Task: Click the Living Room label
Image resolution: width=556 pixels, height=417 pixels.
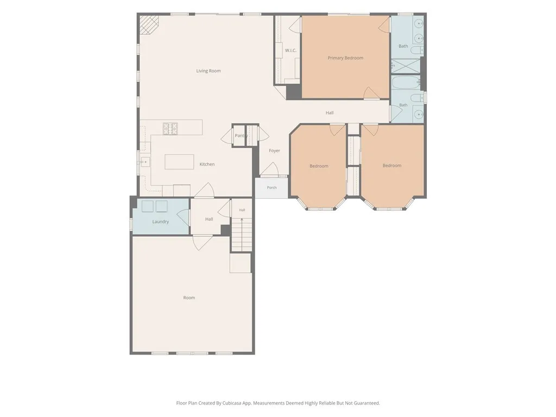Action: [x=208, y=71]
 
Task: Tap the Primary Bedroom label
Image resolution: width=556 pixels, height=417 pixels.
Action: [x=345, y=58]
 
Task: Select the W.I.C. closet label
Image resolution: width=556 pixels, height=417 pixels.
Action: [x=291, y=50]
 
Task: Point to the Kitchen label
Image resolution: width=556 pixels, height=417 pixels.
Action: [x=207, y=164]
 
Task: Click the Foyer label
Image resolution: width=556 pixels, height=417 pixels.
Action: [x=274, y=151]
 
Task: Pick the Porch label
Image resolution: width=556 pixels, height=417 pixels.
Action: [x=271, y=187]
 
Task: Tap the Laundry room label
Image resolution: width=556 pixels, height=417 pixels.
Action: [x=161, y=222]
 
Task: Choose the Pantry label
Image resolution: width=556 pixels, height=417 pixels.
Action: [x=241, y=136]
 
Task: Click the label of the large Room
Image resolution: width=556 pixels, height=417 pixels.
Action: [x=189, y=298]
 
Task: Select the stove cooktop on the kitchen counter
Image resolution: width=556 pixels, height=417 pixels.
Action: [x=170, y=129]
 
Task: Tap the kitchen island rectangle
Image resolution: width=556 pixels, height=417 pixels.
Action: [x=179, y=162]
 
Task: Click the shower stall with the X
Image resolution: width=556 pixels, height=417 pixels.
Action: [x=405, y=66]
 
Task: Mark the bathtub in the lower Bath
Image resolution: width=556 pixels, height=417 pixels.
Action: [x=406, y=83]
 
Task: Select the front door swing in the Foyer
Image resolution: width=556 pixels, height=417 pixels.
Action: [x=270, y=169]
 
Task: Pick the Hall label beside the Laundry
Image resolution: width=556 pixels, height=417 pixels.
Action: [x=209, y=219]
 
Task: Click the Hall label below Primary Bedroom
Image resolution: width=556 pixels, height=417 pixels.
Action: [x=330, y=113]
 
